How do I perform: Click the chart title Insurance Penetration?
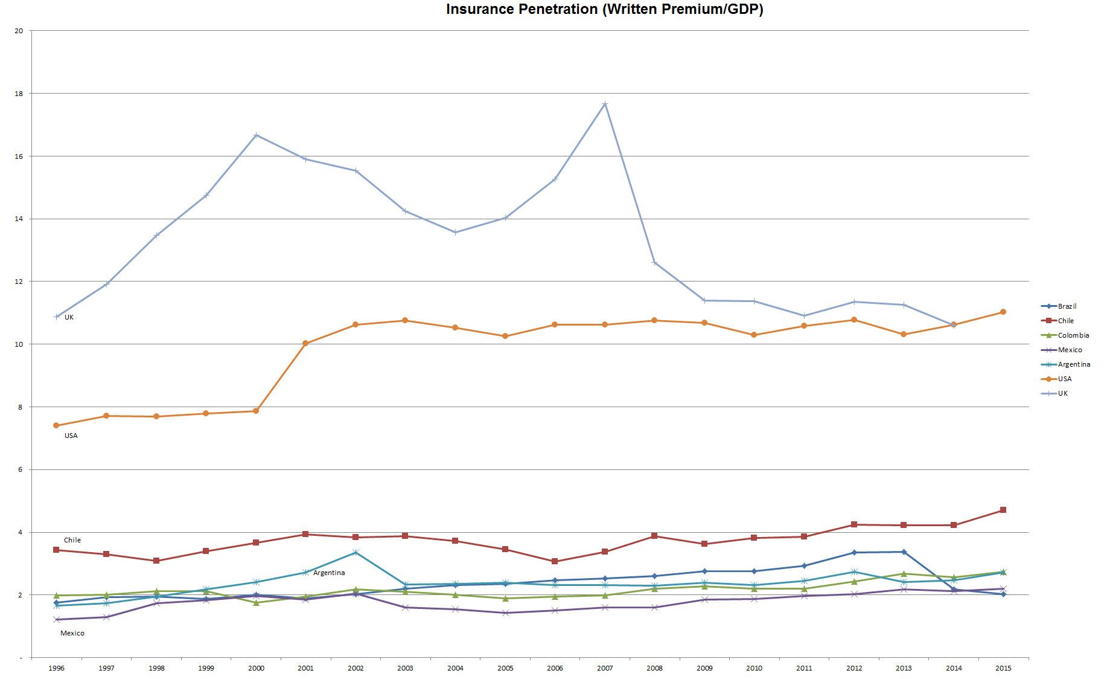pos(604,9)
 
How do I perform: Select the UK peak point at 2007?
pos(605,104)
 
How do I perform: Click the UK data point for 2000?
pos(256,135)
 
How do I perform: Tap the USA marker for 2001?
pos(305,343)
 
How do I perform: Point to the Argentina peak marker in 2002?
pos(356,552)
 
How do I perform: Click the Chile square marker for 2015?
pos(1003,510)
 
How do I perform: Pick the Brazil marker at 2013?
pos(904,552)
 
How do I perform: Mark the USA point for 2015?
pos(1003,312)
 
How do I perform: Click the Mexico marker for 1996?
pos(57,619)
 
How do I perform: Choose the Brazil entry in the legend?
pos(1067,306)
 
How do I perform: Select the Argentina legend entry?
pos(1074,364)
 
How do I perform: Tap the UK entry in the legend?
pos(1062,393)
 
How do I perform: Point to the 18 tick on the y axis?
pos(19,94)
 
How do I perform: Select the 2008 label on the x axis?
pos(654,668)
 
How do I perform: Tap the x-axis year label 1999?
pos(206,668)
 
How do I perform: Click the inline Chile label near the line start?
pos(72,540)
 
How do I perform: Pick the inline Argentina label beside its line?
pos(329,573)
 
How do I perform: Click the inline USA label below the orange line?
pos(71,436)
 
